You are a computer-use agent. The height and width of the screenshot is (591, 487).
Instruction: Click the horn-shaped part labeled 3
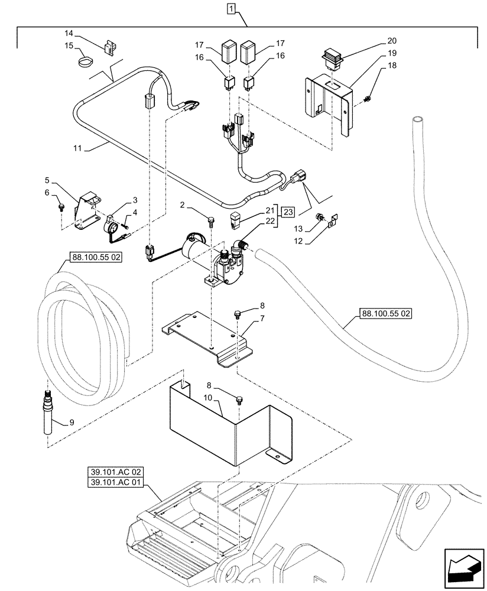111,226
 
